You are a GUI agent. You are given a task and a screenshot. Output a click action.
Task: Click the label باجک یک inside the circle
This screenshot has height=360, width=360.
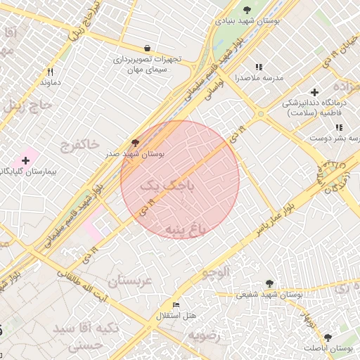[x=167, y=186]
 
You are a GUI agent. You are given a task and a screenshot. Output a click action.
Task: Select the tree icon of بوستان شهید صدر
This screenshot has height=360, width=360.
[x=135, y=143]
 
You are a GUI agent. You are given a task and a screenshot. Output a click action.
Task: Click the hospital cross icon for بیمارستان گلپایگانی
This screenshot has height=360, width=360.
[x=25, y=160]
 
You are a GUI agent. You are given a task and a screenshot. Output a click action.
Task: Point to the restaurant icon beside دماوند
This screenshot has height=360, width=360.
[x=50, y=72]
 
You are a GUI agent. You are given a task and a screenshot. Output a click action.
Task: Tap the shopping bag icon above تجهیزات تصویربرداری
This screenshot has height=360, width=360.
[x=146, y=49]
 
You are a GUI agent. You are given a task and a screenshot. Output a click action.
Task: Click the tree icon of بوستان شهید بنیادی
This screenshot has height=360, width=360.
[x=246, y=10]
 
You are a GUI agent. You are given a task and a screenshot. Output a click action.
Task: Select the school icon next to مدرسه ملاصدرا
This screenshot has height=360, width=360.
[x=259, y=67]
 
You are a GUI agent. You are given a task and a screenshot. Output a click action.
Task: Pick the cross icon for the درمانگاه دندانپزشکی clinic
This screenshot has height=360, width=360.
[x=314, y=92]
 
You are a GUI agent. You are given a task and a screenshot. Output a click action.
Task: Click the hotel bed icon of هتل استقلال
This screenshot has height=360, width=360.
[x=175, y=305]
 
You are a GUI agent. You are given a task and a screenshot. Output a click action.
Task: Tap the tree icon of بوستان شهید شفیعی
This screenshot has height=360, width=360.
[x=270, y=283]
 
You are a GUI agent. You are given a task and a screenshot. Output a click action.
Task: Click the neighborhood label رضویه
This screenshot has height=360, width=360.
[x=203, y=335]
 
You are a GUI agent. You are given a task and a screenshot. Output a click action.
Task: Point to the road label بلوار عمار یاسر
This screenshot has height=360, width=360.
[x=279, y=215]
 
